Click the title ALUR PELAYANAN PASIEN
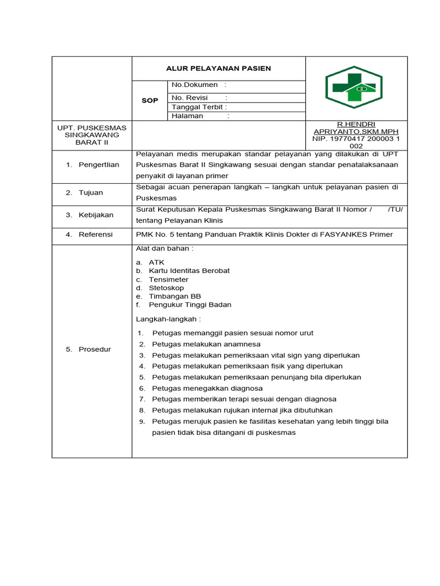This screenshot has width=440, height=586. point(218,69)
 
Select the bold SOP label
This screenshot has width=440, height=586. point(150,101)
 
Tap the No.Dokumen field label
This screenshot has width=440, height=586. point(195,85)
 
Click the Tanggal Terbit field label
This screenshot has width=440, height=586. point(199,107)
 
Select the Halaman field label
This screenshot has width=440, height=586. point(188,116)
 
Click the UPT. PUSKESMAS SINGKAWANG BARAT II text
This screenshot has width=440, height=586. point(92,134)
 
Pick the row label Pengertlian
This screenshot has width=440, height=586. point(99,165)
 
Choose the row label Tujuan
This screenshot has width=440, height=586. point(91,193)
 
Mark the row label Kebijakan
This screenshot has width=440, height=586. point(96,215)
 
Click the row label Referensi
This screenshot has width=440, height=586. point(96,235)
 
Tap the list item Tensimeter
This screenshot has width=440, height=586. point(168,280)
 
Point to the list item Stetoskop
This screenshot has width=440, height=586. point(166,288)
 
